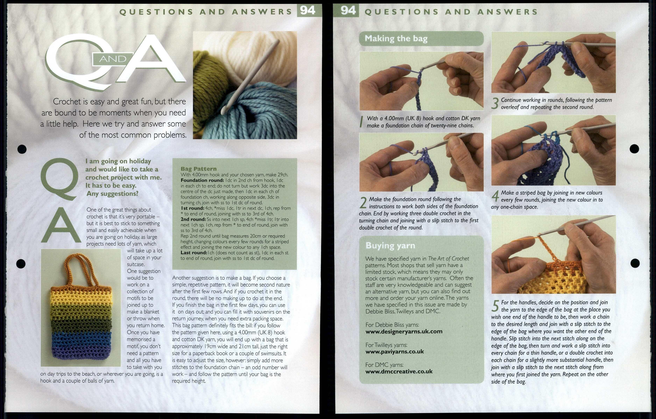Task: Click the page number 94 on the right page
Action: click(348, 11)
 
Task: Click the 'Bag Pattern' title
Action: click(199, 169)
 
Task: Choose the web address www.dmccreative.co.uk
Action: click(399, 372)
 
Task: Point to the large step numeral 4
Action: click(495, 196)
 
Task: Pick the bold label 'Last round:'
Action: click(194, 253)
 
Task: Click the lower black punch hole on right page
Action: click(635, 263)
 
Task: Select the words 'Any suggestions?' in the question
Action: click(112, 193)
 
